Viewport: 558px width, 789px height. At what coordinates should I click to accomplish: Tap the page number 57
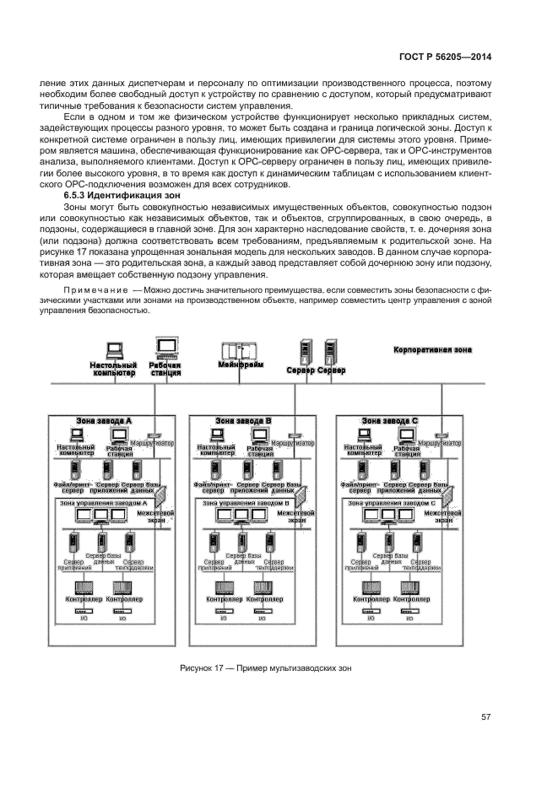pyautogui.click(x=486, y=717)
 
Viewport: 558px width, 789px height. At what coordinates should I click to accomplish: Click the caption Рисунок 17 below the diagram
pyautogui.click(x=265, y=668)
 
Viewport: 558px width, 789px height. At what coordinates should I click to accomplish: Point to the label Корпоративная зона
pyautogui.click(x=433, y=349)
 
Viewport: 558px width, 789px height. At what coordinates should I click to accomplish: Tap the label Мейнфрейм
pyautogui.click(x=241, y=367)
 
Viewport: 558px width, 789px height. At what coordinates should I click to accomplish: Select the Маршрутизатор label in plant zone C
pyautogui.click(x=440, y=442)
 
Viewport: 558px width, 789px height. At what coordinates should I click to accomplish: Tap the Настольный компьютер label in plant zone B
pyautogui.click(x=214, y=450)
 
